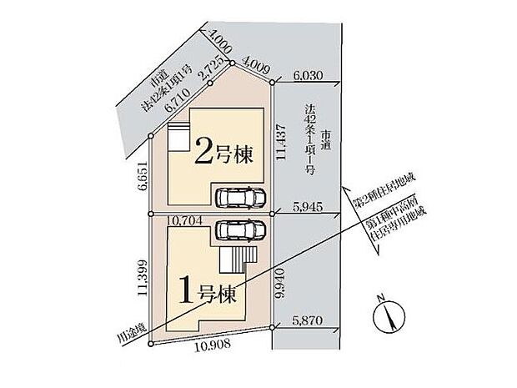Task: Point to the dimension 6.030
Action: pos(309,75)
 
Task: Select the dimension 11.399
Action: pos(143,278)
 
